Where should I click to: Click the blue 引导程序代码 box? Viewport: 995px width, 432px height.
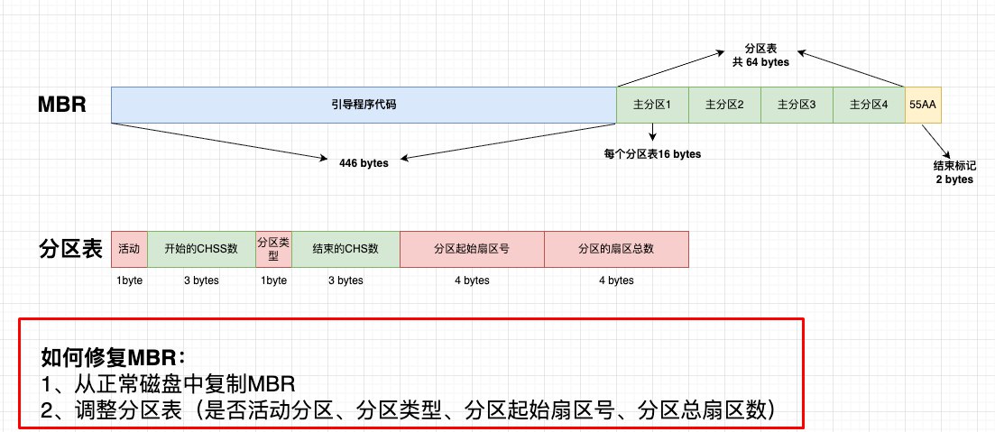[x=364, y=105]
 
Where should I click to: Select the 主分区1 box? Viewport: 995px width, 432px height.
[x=652, y=105]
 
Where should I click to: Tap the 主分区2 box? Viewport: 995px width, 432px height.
[x=724, y=105]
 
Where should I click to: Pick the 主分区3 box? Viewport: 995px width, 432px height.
[x=797, y=105]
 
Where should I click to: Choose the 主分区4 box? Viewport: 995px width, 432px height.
[x=869, y=105]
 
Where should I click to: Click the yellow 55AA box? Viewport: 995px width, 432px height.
[x=923, y=105]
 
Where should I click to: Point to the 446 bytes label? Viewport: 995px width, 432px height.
[x=364, y=163]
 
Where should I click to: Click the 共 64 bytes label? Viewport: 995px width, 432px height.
[x=760, y=62]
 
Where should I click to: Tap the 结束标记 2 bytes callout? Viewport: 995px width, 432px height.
[x=954, y=172]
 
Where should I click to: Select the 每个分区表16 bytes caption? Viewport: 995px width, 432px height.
[x=652, y=154]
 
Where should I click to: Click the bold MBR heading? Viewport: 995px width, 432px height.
[x=61, y=105]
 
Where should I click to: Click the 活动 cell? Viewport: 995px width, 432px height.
[x=129, y=249]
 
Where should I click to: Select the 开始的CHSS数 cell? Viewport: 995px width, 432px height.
[x=201, y=249]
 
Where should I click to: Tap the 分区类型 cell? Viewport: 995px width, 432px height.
[x=273, y=249]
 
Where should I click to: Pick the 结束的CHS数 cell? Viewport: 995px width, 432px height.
[x=345, y=249]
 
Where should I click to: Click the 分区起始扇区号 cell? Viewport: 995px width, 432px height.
[x=472, y=249]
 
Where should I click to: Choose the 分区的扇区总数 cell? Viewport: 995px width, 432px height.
[x=616, y=249]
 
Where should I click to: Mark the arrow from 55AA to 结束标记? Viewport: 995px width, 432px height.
[x=937, y=139]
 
